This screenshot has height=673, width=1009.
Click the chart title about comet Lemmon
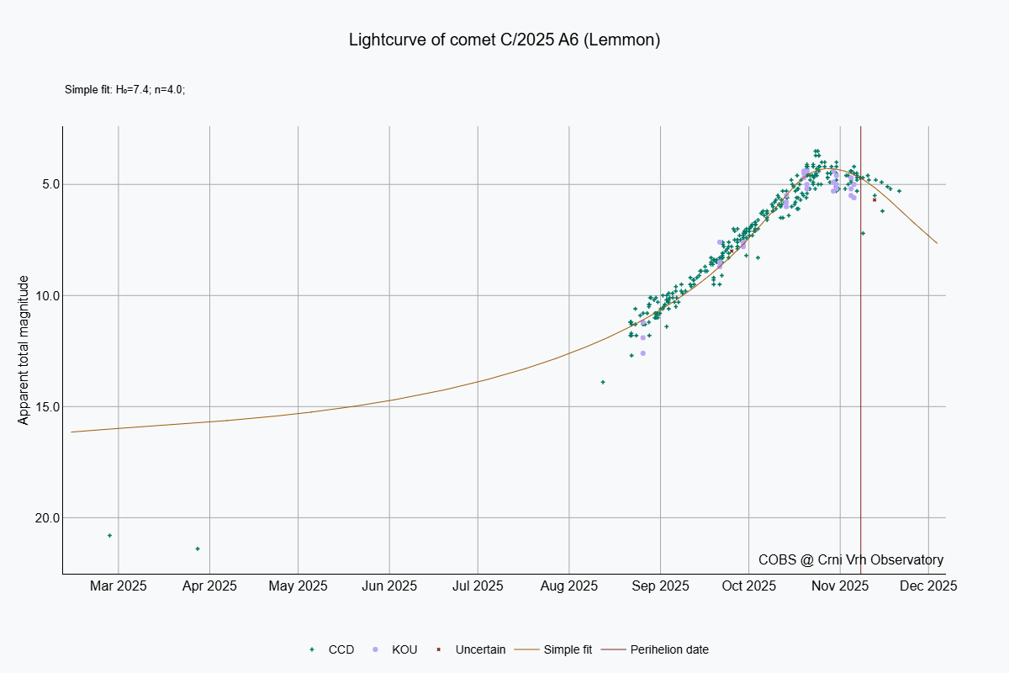coord(504,40)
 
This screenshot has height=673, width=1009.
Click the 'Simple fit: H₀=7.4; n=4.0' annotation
coord(124,89)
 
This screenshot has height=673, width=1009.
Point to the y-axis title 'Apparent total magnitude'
coord(24,350)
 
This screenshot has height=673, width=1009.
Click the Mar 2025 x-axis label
coord(119,586)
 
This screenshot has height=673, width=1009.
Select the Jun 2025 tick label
coord(389,586)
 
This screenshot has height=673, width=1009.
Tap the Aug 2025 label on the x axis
coord(569,586)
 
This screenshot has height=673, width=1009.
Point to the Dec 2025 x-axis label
coord(928,586)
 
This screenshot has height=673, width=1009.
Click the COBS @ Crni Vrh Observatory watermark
coord(850,559)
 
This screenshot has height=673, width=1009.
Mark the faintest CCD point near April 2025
coord(198,548)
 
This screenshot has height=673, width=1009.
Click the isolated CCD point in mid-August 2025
coord(603,382)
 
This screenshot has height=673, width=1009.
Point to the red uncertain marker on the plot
coord(874,199)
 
